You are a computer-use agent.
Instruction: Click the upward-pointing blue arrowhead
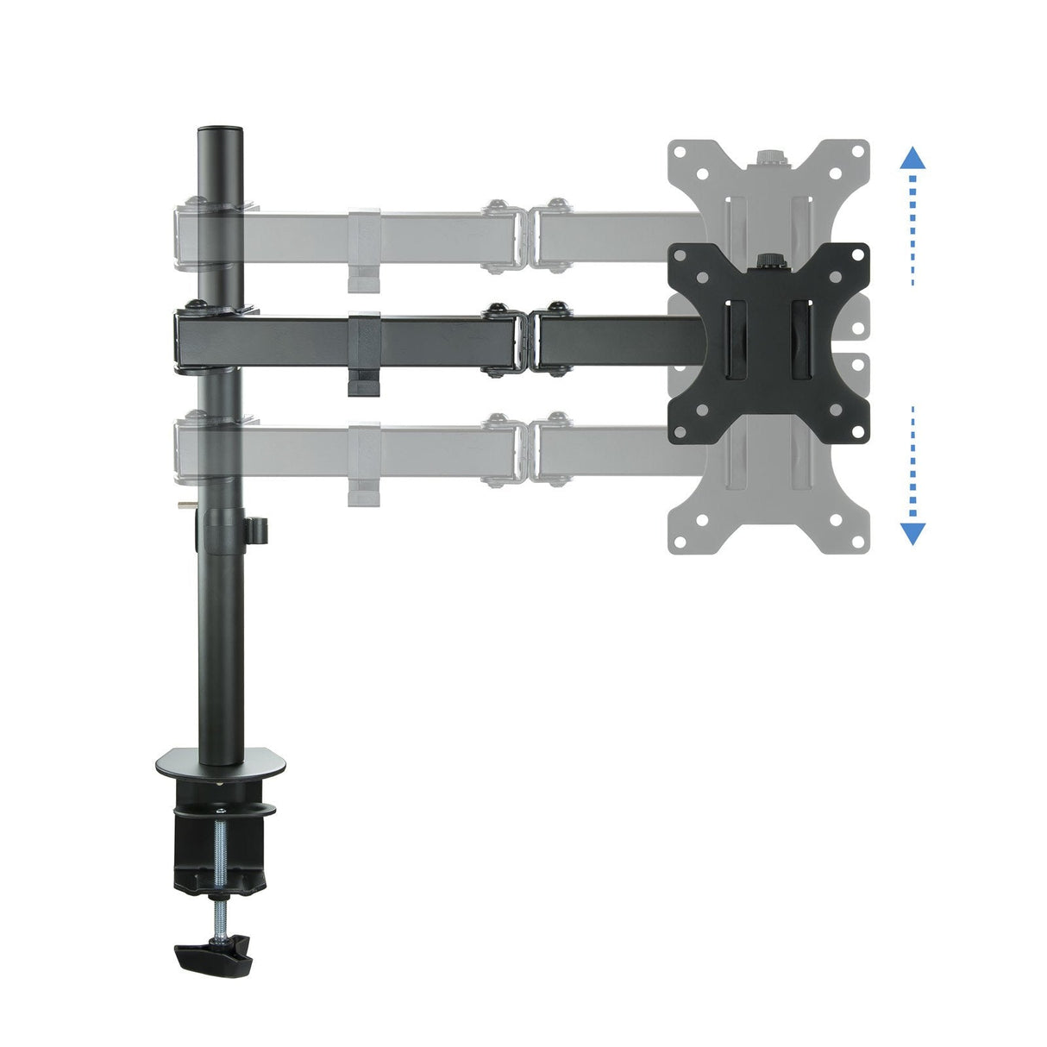click(x=912, y=159)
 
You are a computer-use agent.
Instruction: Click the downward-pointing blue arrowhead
click(x=912, y=533)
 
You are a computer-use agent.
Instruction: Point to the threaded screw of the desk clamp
click(x=221, y=871)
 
